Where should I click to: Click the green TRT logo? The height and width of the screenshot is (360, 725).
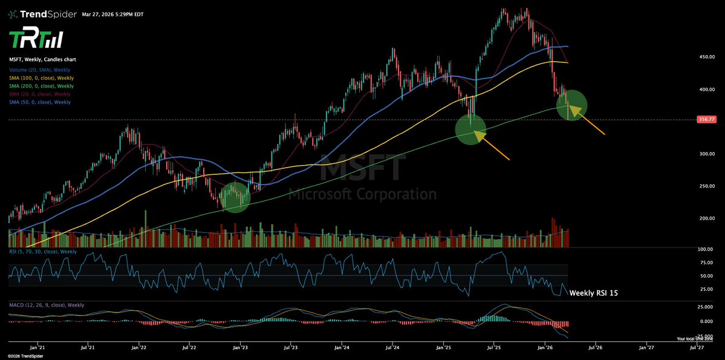[x=36, y=40]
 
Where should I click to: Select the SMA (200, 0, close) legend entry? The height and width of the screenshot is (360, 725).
[x=41, y=86]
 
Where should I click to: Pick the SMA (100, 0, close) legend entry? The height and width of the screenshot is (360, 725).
[x=41, y=78]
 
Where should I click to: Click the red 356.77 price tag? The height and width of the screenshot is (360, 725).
[x=705, y=120]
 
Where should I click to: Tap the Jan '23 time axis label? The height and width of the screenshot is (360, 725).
[x=241, y=347]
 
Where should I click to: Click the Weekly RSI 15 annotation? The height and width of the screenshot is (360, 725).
[x=594, y=293]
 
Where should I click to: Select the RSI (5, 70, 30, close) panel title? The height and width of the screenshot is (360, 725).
[x=43, y=251]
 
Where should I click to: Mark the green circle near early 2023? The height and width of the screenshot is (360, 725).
[x=235, y=197]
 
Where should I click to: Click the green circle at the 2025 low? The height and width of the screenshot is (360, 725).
[x=470, y=129]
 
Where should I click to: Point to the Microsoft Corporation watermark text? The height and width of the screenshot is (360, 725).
[x=362, y=195]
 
